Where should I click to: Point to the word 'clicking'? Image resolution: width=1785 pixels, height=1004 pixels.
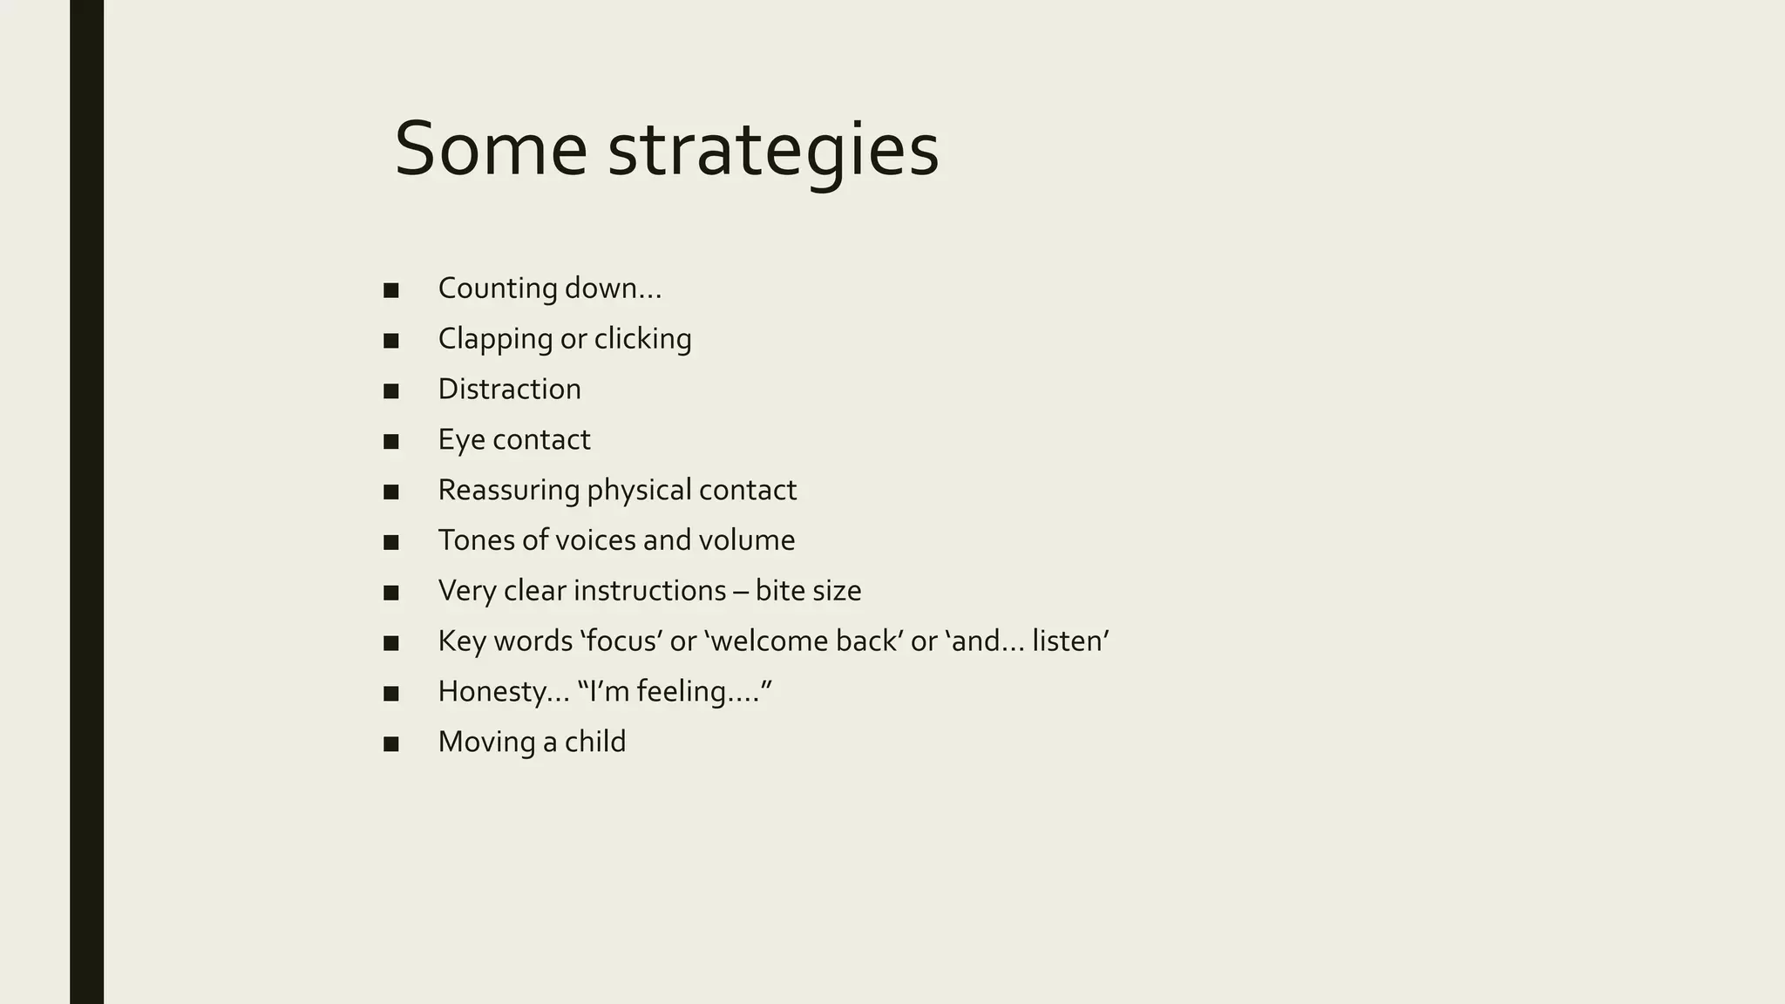[642, 339]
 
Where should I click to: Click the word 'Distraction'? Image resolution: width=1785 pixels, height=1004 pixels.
[509, 389]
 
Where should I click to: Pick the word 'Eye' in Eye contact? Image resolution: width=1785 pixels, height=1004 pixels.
[461, 440]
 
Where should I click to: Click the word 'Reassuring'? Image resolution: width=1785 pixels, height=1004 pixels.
[508, 490]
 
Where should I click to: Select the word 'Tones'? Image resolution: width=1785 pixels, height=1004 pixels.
[476, 540]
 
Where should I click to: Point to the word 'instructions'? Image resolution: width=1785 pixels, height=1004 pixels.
[649, 591]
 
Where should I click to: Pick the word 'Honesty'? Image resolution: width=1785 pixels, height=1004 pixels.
[495, 692]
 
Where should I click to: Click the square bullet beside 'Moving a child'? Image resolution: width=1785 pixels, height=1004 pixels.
[391, 743]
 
